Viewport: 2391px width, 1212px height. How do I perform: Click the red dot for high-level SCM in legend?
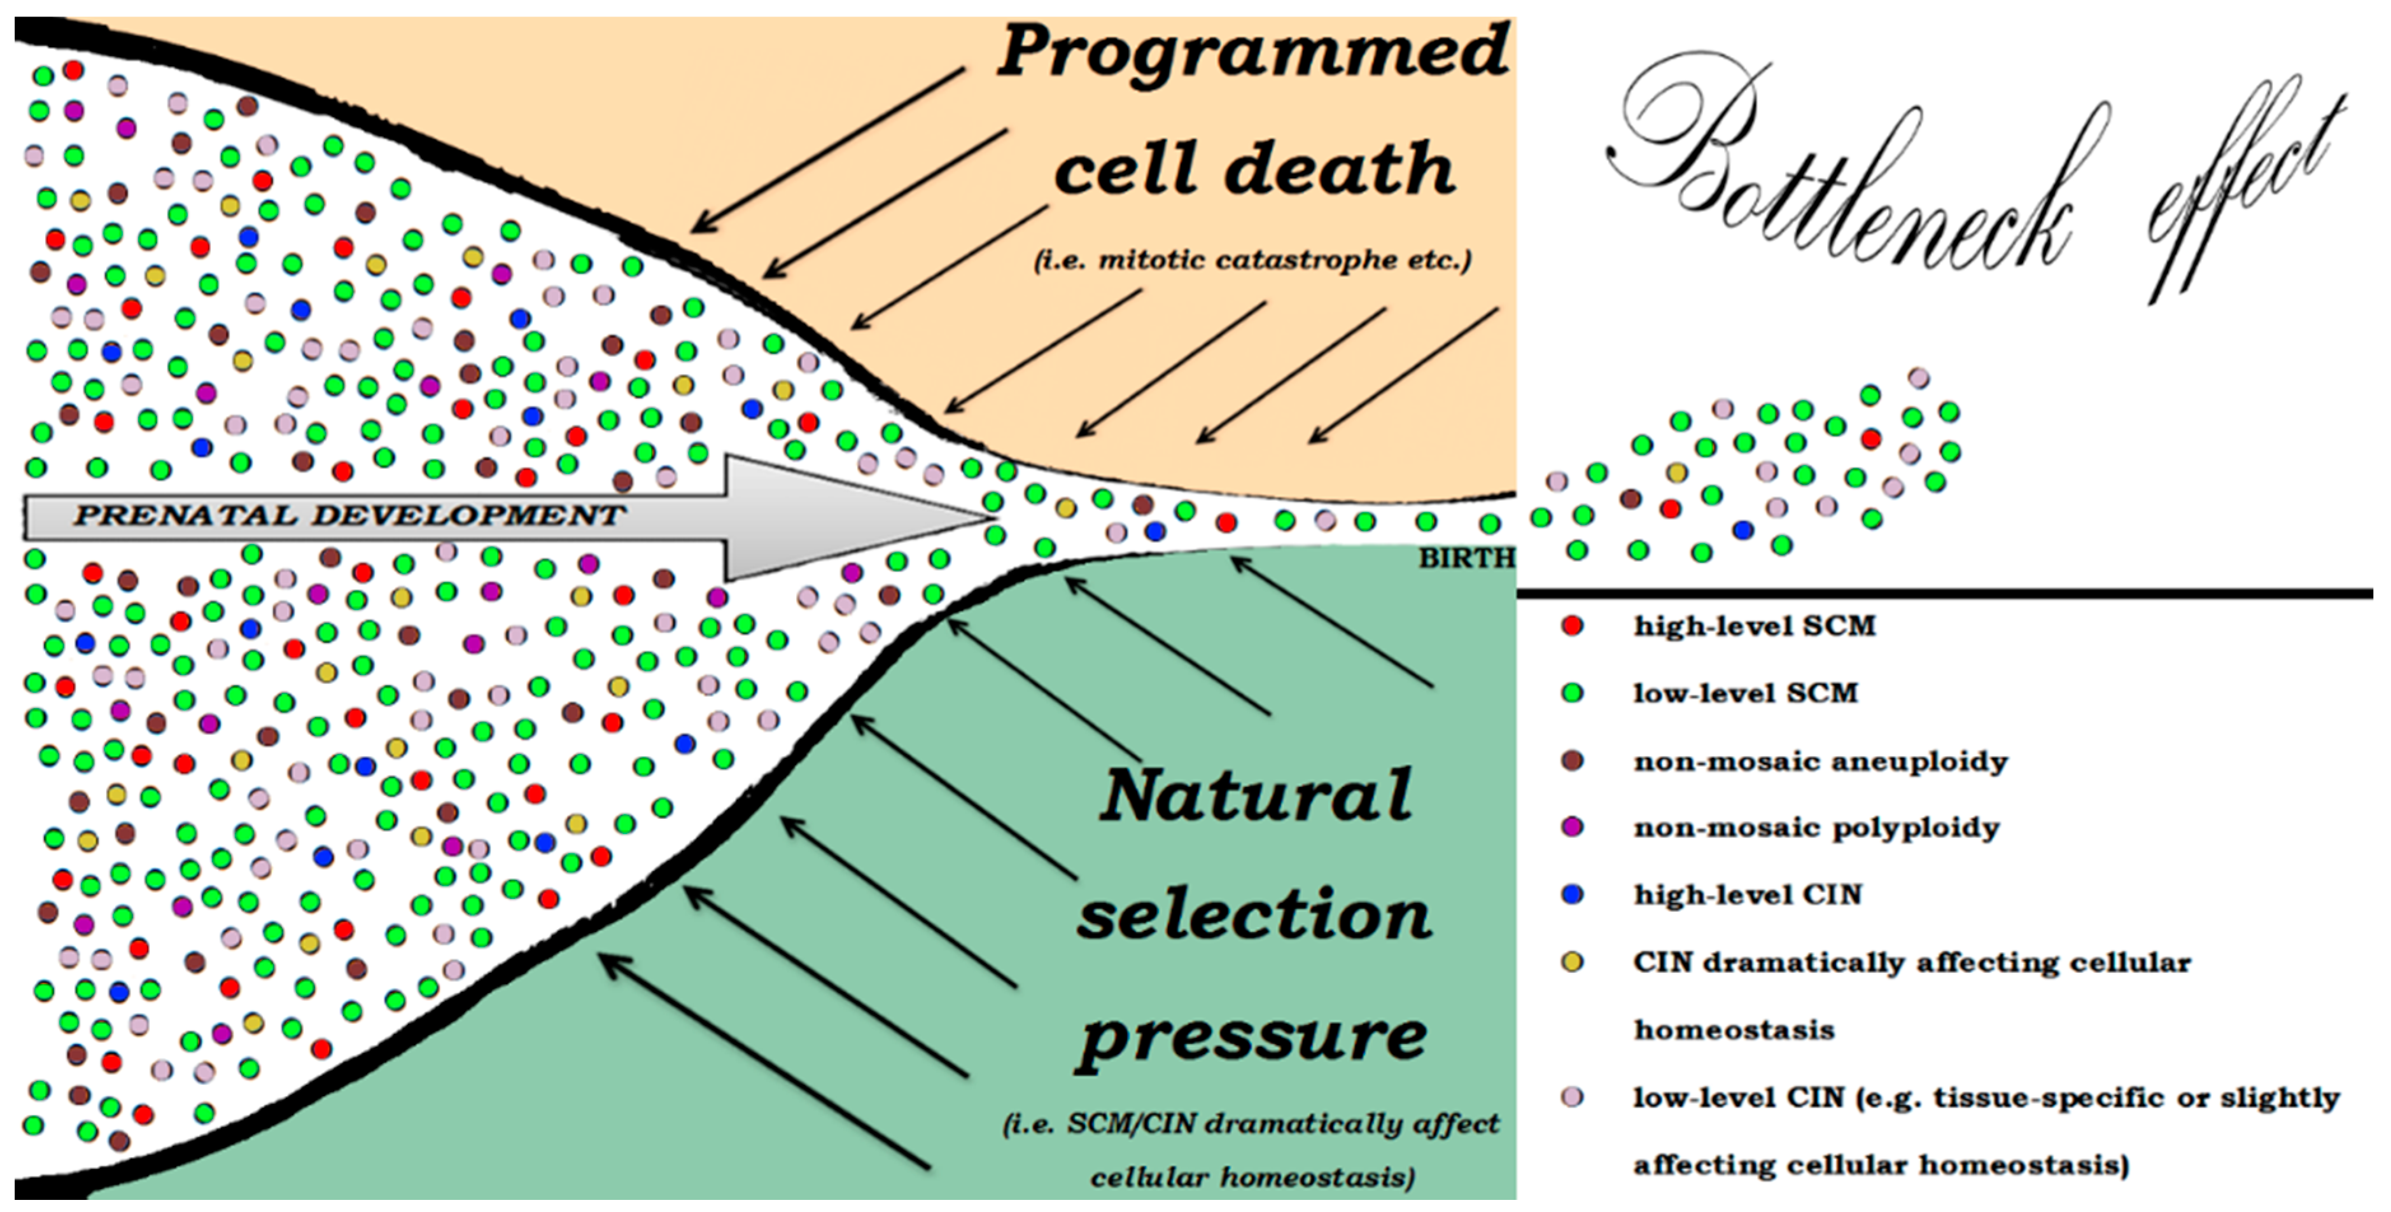pos(1571,625)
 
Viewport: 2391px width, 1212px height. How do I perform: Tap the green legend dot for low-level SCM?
pos(1571,692)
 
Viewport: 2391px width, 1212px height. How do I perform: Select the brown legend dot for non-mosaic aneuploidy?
pos(1571,760)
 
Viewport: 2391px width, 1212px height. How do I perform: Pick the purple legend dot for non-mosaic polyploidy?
pos(1571,827)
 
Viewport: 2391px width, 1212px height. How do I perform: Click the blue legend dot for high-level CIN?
pos(1571,895)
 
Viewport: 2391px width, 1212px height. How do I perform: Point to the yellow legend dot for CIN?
pos(1571,961)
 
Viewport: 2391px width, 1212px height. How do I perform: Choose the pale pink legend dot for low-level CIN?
pos(1571,1097)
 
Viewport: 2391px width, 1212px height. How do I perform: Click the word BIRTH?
pos(1466,558)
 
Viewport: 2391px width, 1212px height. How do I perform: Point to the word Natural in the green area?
pos(1256,795)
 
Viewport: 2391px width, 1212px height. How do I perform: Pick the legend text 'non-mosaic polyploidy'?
pos(1816,827)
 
